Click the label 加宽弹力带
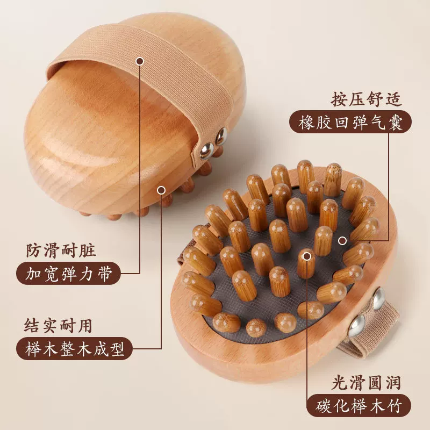[69, 274]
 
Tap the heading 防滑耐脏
[61, 250]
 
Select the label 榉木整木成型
[74, 348]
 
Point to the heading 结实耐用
[58, 326]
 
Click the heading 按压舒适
[366, 99]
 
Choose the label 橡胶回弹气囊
[350, 122]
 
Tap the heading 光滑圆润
[366, 383]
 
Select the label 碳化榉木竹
[359, 406]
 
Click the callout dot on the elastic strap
[140, 61]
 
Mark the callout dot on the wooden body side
[161, 190]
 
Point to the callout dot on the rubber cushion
[342, 241]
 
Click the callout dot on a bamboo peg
[307, 256]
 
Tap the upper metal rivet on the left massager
[221, 135]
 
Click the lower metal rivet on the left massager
[206, 151]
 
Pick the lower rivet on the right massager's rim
[356, 326]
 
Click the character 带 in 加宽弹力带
[104, 274]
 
